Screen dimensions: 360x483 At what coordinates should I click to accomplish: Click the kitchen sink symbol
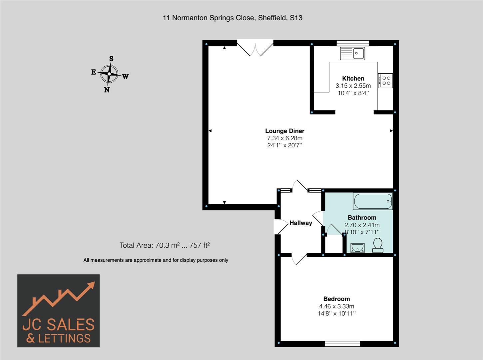[x=352, y=53]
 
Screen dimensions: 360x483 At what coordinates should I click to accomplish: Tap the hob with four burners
[x=386, y=80]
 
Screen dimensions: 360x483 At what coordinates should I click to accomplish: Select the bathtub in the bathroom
[x=373, y=201]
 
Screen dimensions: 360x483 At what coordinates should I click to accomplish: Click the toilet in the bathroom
[x=378, y=245]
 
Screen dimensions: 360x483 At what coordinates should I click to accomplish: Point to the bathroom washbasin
[x=357, y=248]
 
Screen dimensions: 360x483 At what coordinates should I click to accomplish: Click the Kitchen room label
[x=353, y=79]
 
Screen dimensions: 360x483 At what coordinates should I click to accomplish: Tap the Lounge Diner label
[x=284, y=131]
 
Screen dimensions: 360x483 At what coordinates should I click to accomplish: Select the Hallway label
[x=300, y=223]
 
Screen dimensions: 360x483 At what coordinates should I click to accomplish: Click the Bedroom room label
[x=336, y=299]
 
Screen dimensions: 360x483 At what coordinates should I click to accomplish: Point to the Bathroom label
[x=362, y=218]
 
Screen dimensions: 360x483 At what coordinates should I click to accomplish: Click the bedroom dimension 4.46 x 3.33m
[x=336, y=306]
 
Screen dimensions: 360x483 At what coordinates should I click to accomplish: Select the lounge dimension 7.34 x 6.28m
[x=284, y=138]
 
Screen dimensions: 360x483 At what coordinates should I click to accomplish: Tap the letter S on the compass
[x=111, y=59]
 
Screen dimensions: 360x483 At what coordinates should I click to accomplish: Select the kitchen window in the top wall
[x=352, y=43]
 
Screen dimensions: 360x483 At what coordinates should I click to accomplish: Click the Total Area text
[x=165, y=246]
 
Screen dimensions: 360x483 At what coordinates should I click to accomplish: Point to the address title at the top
[x=233, y=18]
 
